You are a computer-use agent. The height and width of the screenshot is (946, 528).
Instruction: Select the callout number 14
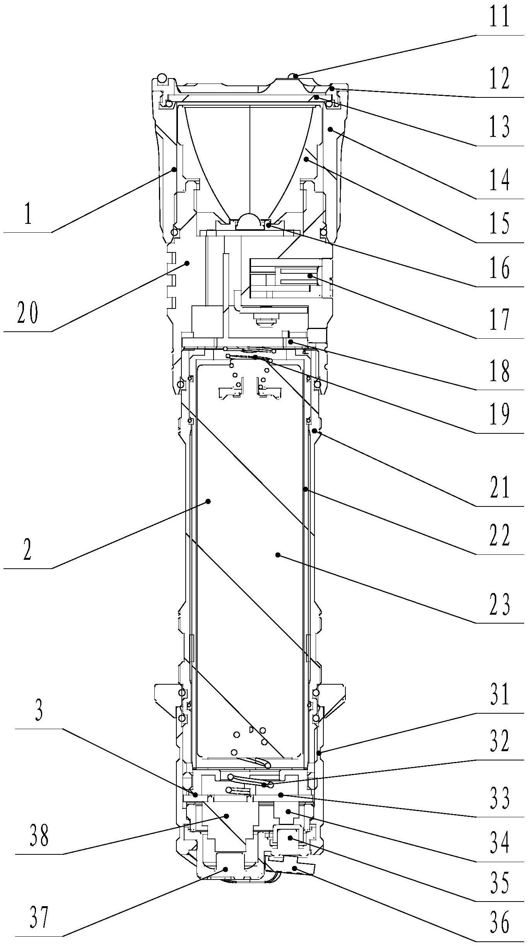pyautogui.click(x=499, y=180)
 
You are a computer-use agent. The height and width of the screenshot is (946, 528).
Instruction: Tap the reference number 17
pyautogui.click(x=499, y=319)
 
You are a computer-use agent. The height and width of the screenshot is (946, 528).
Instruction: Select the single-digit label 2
pyautogui.click(x=27, y=549)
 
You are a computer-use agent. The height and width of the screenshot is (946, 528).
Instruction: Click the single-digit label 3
pyautogui.click(x=39, y=710)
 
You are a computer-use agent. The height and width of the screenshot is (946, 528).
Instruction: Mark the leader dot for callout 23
pyautogui.click(x=277, y=555)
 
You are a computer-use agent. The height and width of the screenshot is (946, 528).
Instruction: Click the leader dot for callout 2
pyautogui.click(x=208, y=501)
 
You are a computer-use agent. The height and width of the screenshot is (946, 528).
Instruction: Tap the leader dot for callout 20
pyautogui.click(x=187, y=263)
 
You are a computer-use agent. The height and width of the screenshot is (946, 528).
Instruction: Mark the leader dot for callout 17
pyautogui.click(x=309, y=276)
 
